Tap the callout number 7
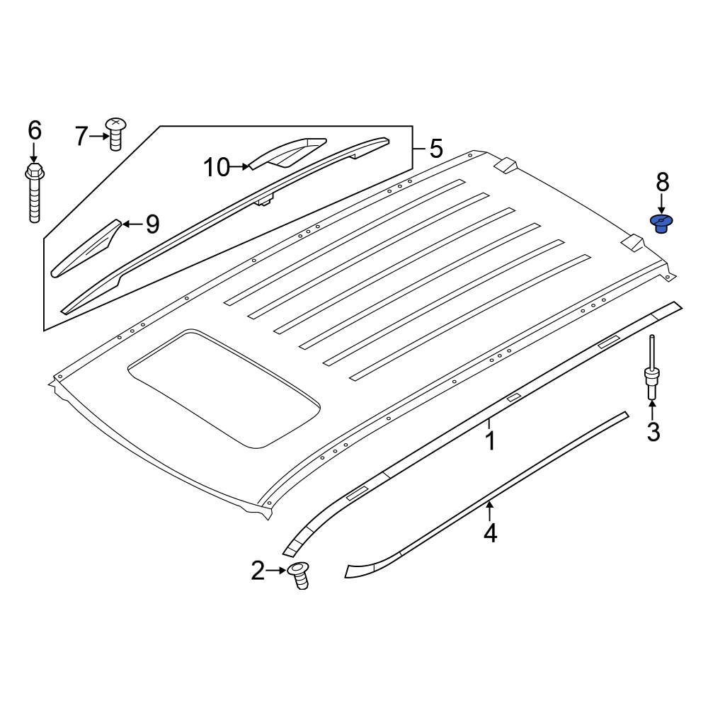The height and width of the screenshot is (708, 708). point(82,135)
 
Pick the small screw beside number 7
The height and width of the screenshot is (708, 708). point(115,134)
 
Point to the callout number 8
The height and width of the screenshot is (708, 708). point(662,183)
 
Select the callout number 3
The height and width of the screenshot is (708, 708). point(652,430)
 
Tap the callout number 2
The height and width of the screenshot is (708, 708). point(257,570)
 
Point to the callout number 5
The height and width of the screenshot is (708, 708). point(435,149)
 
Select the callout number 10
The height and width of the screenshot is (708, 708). point(217,168)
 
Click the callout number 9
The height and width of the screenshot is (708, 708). point(152,224)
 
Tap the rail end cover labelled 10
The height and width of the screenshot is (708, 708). point(287,152)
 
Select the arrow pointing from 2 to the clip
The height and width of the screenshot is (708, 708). point(275,570)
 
